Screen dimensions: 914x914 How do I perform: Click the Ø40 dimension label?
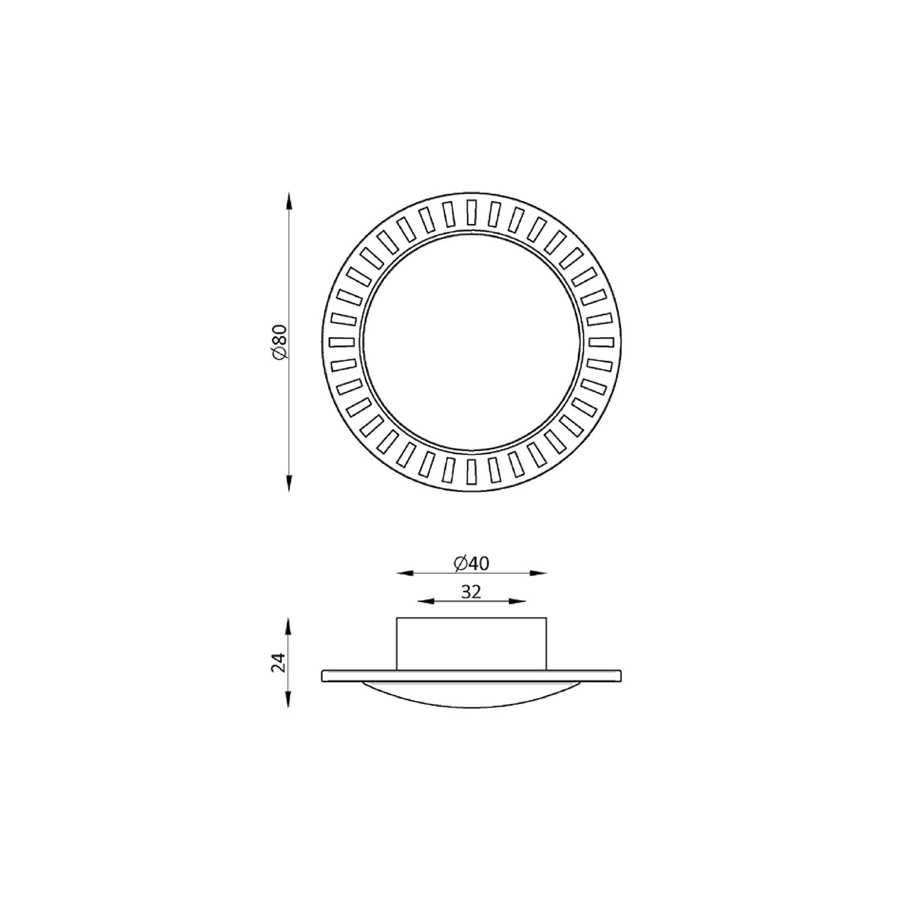point(472,563)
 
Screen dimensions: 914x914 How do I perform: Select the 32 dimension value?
point(471,592)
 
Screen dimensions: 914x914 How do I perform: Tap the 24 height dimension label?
point(279,663)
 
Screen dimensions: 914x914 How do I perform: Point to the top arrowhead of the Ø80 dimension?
point(289,202)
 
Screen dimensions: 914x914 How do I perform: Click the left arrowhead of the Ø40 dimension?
point(405,572)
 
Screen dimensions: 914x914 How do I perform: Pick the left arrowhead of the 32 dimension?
point(426,600)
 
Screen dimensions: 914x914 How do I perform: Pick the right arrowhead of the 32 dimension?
point(517,600)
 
